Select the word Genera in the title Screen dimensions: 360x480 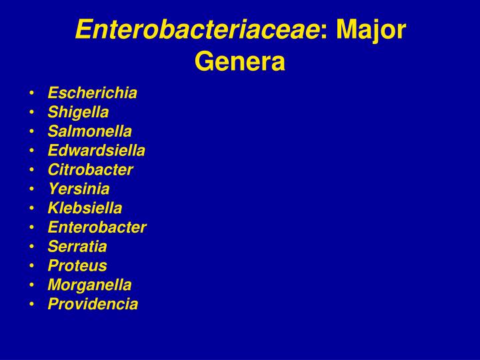[x=240, y=61]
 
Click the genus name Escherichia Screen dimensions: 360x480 [x=92, y=93]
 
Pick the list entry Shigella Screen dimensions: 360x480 [x=78, y=112]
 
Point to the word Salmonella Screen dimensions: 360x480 [x=89, y=131]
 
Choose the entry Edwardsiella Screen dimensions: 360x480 [x=96, y=151]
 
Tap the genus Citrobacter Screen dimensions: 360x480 [x=90, y=169]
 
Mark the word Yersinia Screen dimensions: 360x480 [x=79, y=189]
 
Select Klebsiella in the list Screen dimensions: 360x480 [x=85, y=208]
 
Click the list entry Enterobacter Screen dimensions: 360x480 [x=97, y=227]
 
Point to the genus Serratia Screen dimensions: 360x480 [x=77, y=247]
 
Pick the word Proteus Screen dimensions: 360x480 [x=77, y=266]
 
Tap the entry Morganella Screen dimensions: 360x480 [x=89, y=285]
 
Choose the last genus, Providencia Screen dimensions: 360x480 [x=93, y=304]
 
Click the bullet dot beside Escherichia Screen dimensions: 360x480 [x=33, y=93]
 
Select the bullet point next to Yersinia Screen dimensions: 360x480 [x=33, y=189]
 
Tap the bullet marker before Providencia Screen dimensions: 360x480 [x=33, y=305]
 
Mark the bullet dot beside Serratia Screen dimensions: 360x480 [x=33, y=247]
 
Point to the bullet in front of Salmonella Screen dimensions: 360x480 [x=33, y=132]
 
